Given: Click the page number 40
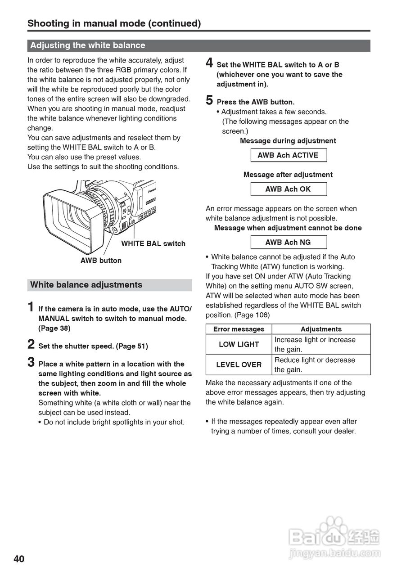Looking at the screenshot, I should click(x=19, y=559).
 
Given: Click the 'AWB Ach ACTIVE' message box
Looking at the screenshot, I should click(x=288, y=155).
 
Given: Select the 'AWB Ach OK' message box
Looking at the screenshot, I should click(x=288, y=189).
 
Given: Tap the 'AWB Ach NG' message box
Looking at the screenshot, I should click(x=288, y=242).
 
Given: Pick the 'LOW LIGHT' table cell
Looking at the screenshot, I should click(x=239, y=345).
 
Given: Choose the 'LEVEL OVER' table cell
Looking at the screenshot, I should click(x=239, y=365).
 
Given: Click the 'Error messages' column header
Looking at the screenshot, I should click(x=239, y=329).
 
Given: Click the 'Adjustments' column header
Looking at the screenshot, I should click(x=321, y=329).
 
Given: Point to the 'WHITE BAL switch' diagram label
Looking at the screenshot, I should click(x=153, y=243).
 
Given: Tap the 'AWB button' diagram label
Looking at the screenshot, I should click(x=101, y=261).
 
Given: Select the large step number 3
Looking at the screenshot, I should click(x=31, y=362).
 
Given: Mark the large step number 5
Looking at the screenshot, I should click(x=209, y=100).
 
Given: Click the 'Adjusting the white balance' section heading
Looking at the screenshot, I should click(x=88, y=45).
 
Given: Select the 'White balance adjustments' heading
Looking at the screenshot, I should click(x=86, y=285).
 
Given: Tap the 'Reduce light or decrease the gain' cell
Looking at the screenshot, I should click(x=320, y=365).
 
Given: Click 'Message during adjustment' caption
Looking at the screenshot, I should click(x=288, y=141).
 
